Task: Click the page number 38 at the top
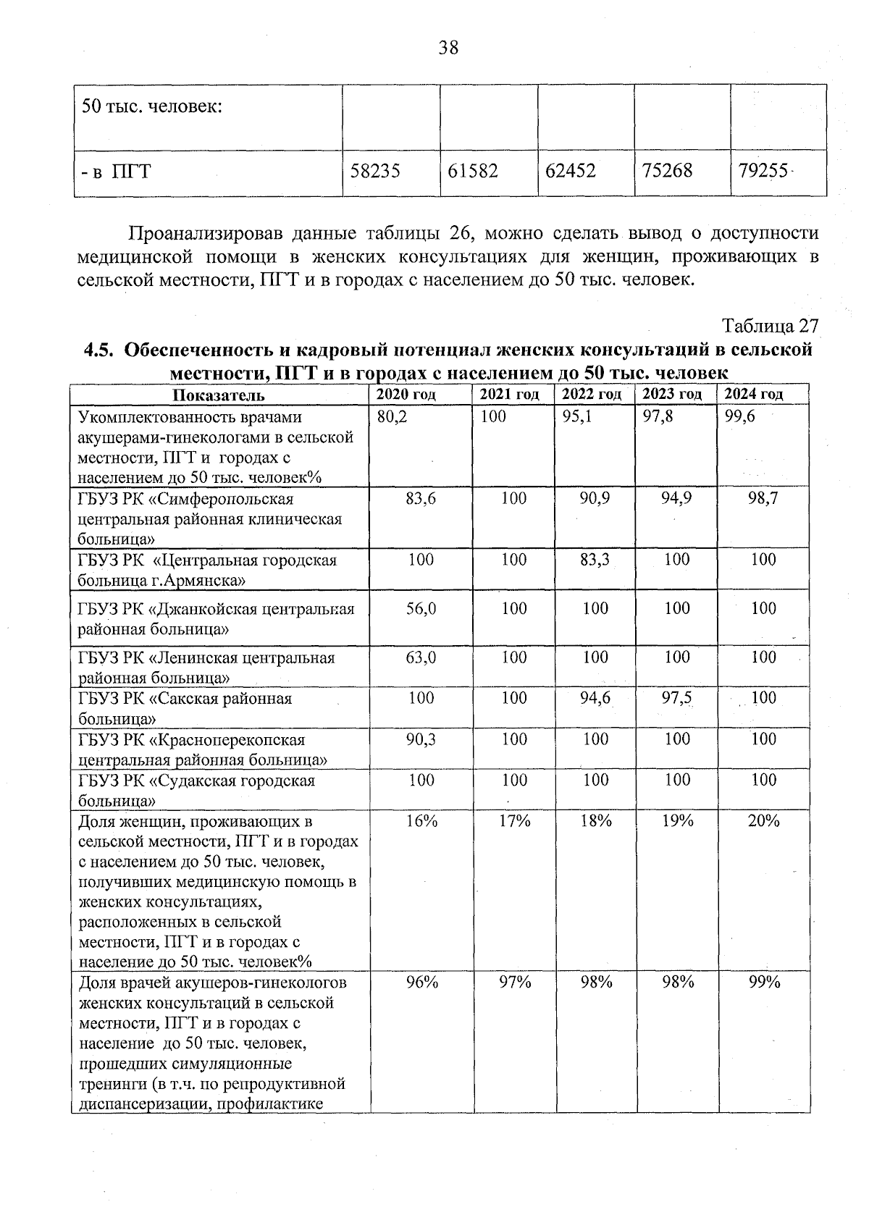(448, 49)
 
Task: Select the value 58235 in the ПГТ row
(375, 172)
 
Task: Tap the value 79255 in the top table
(763, 172)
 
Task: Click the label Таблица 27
(771, 326)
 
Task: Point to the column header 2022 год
(592, 395)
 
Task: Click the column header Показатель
(219, 395)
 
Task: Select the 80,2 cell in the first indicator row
(392, 417)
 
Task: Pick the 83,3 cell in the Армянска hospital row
(595, 560)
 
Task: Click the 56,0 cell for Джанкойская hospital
(421, 608)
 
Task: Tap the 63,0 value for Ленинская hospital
(421, 657)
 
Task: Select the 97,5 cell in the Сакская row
(676, 698)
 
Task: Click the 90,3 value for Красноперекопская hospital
(421, 739)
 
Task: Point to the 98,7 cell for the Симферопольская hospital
(763, 498)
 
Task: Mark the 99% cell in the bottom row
(763, 983)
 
